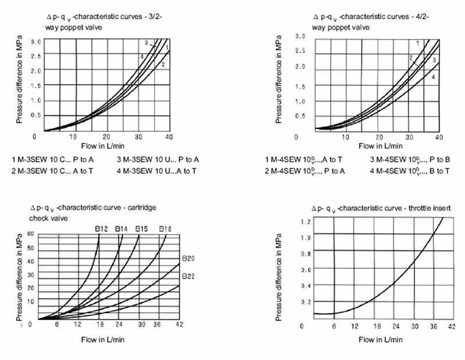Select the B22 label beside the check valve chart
(188, 276)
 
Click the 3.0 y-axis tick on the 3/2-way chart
(35, 41)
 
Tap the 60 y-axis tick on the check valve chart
(31, 233)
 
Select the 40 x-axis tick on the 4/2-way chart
(439, 137)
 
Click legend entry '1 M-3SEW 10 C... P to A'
(52, 159)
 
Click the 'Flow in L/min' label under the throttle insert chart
(377, 339)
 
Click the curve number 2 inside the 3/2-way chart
(164, 64)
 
